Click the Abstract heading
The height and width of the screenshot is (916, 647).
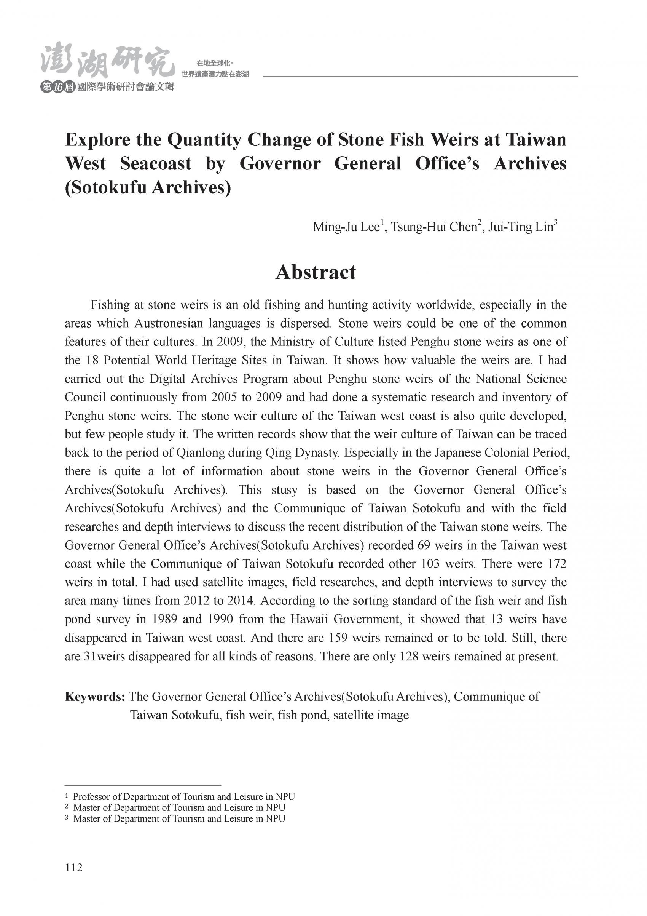[x=316, y=272]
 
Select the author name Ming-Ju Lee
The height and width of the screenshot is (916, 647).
[x=346, y=227]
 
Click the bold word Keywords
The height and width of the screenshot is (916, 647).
[x=95, y=697]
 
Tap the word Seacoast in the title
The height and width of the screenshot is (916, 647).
[x=156, y=163]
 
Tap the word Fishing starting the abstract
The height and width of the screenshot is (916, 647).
[x=110, y=305]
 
